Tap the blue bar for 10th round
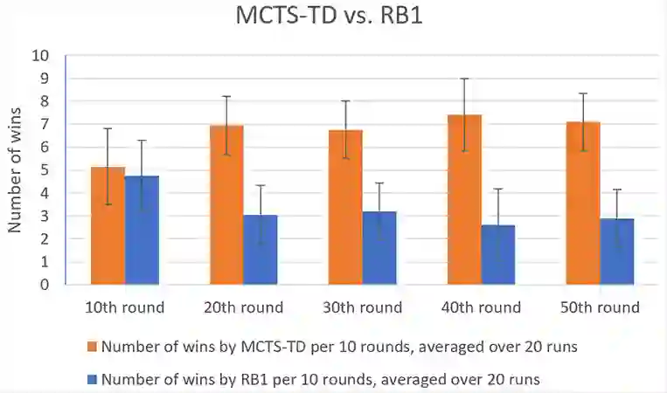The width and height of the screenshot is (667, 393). click(x=142, y=231)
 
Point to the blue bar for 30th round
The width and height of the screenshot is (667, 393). click(x=379, y=248)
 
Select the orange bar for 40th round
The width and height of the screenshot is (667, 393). click(x=464, y=200)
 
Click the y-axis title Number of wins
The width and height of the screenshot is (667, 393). click(x=15, y=169)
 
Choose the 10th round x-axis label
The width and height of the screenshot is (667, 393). click(x=124, y=307)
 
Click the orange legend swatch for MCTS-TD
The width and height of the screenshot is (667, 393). click(x=93, y=347)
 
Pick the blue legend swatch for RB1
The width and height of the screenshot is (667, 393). click(x=93, y=380)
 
